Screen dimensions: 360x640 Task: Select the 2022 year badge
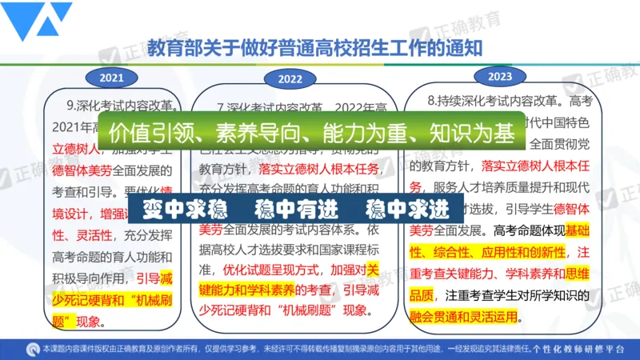pos(290,78)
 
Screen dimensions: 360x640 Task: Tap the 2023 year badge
pos(498,76)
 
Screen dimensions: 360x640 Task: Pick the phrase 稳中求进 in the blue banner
pos(406,210)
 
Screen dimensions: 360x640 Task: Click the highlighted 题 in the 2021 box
pos(70,321)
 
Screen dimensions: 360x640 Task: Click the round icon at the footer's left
pos(32,350)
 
